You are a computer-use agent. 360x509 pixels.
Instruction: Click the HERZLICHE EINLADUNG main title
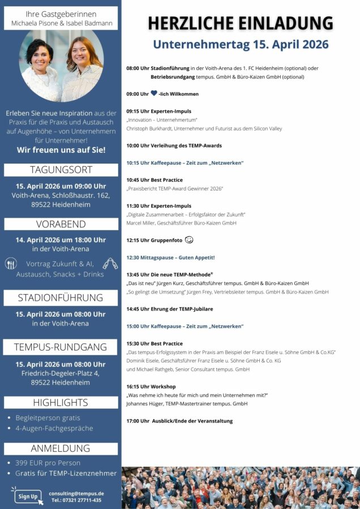pyautogui.click(x=241, y=23)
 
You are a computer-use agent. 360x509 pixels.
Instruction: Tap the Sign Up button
pyautogui.click(x=28, y=496)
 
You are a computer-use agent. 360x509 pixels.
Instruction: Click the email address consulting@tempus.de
pyautogui.click(x=76, y=493)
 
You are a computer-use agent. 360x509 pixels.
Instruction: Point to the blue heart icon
pyautogui.click(x=154, y=93)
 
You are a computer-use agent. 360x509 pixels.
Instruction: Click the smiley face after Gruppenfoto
pyautogui.click(x=189, y=240)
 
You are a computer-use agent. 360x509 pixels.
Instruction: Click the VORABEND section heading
pyautogui.click(x=61, y=224)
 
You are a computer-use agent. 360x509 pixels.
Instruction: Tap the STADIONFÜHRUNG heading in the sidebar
pyautogui.click(x=61, y=297)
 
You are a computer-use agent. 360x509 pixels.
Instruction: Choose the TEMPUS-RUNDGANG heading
pyautogui.click(x=61, y=347)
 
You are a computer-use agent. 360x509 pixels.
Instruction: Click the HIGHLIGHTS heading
pyautogui.click(x=61, y=402)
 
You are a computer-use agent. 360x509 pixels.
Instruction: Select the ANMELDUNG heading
pyautogui.click(x=61, y=448)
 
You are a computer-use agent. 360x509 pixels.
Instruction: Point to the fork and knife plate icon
pyautogui.click(x=11, y=264)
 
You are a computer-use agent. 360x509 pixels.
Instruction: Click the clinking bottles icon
pyautogui.click(x=109, y=264)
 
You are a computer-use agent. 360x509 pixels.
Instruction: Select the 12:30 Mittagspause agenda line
pyautogui.click(x=170, y=257)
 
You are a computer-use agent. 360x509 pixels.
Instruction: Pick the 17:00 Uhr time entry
pyautogui.click(x=138, y=421)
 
